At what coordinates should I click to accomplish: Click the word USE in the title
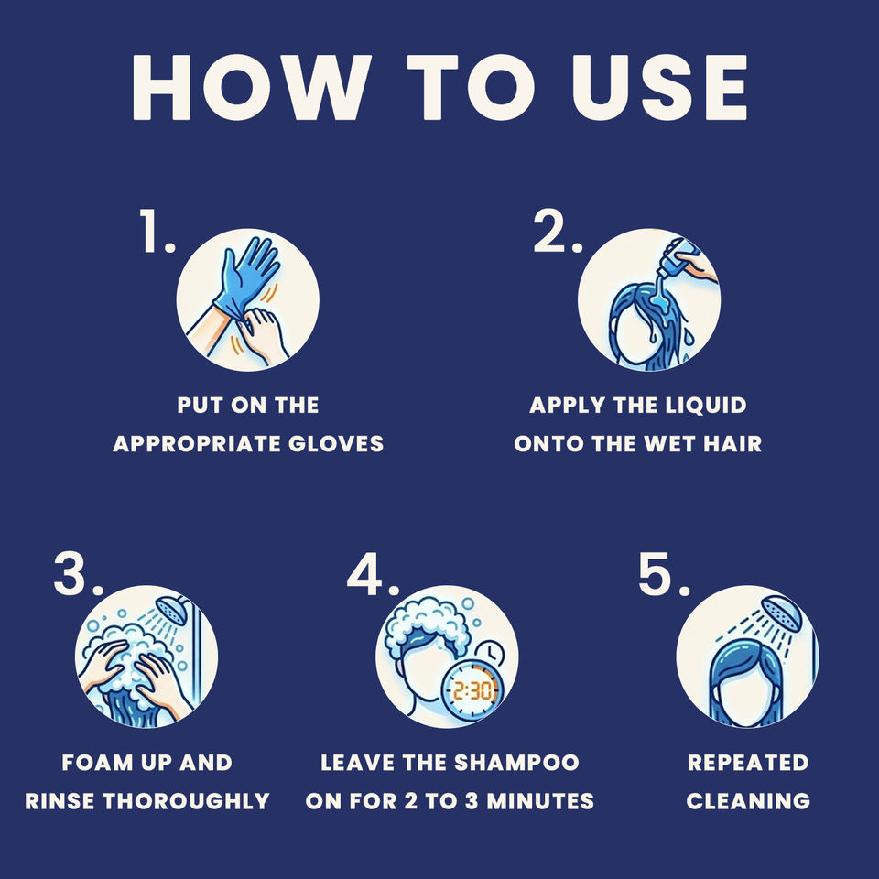(659, 88)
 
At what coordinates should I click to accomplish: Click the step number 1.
(157, 230)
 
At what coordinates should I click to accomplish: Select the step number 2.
(558, 230)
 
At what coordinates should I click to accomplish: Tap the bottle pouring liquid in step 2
(680, 258)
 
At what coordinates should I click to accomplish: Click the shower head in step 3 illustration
(171, 610)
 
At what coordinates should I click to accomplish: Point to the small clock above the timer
(489, 653)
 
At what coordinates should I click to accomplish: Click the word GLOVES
(336, 444)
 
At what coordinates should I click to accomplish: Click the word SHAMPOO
(516, 763)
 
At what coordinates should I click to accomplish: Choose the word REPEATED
(748, 763)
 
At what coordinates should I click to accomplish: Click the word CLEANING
(748, 801)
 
